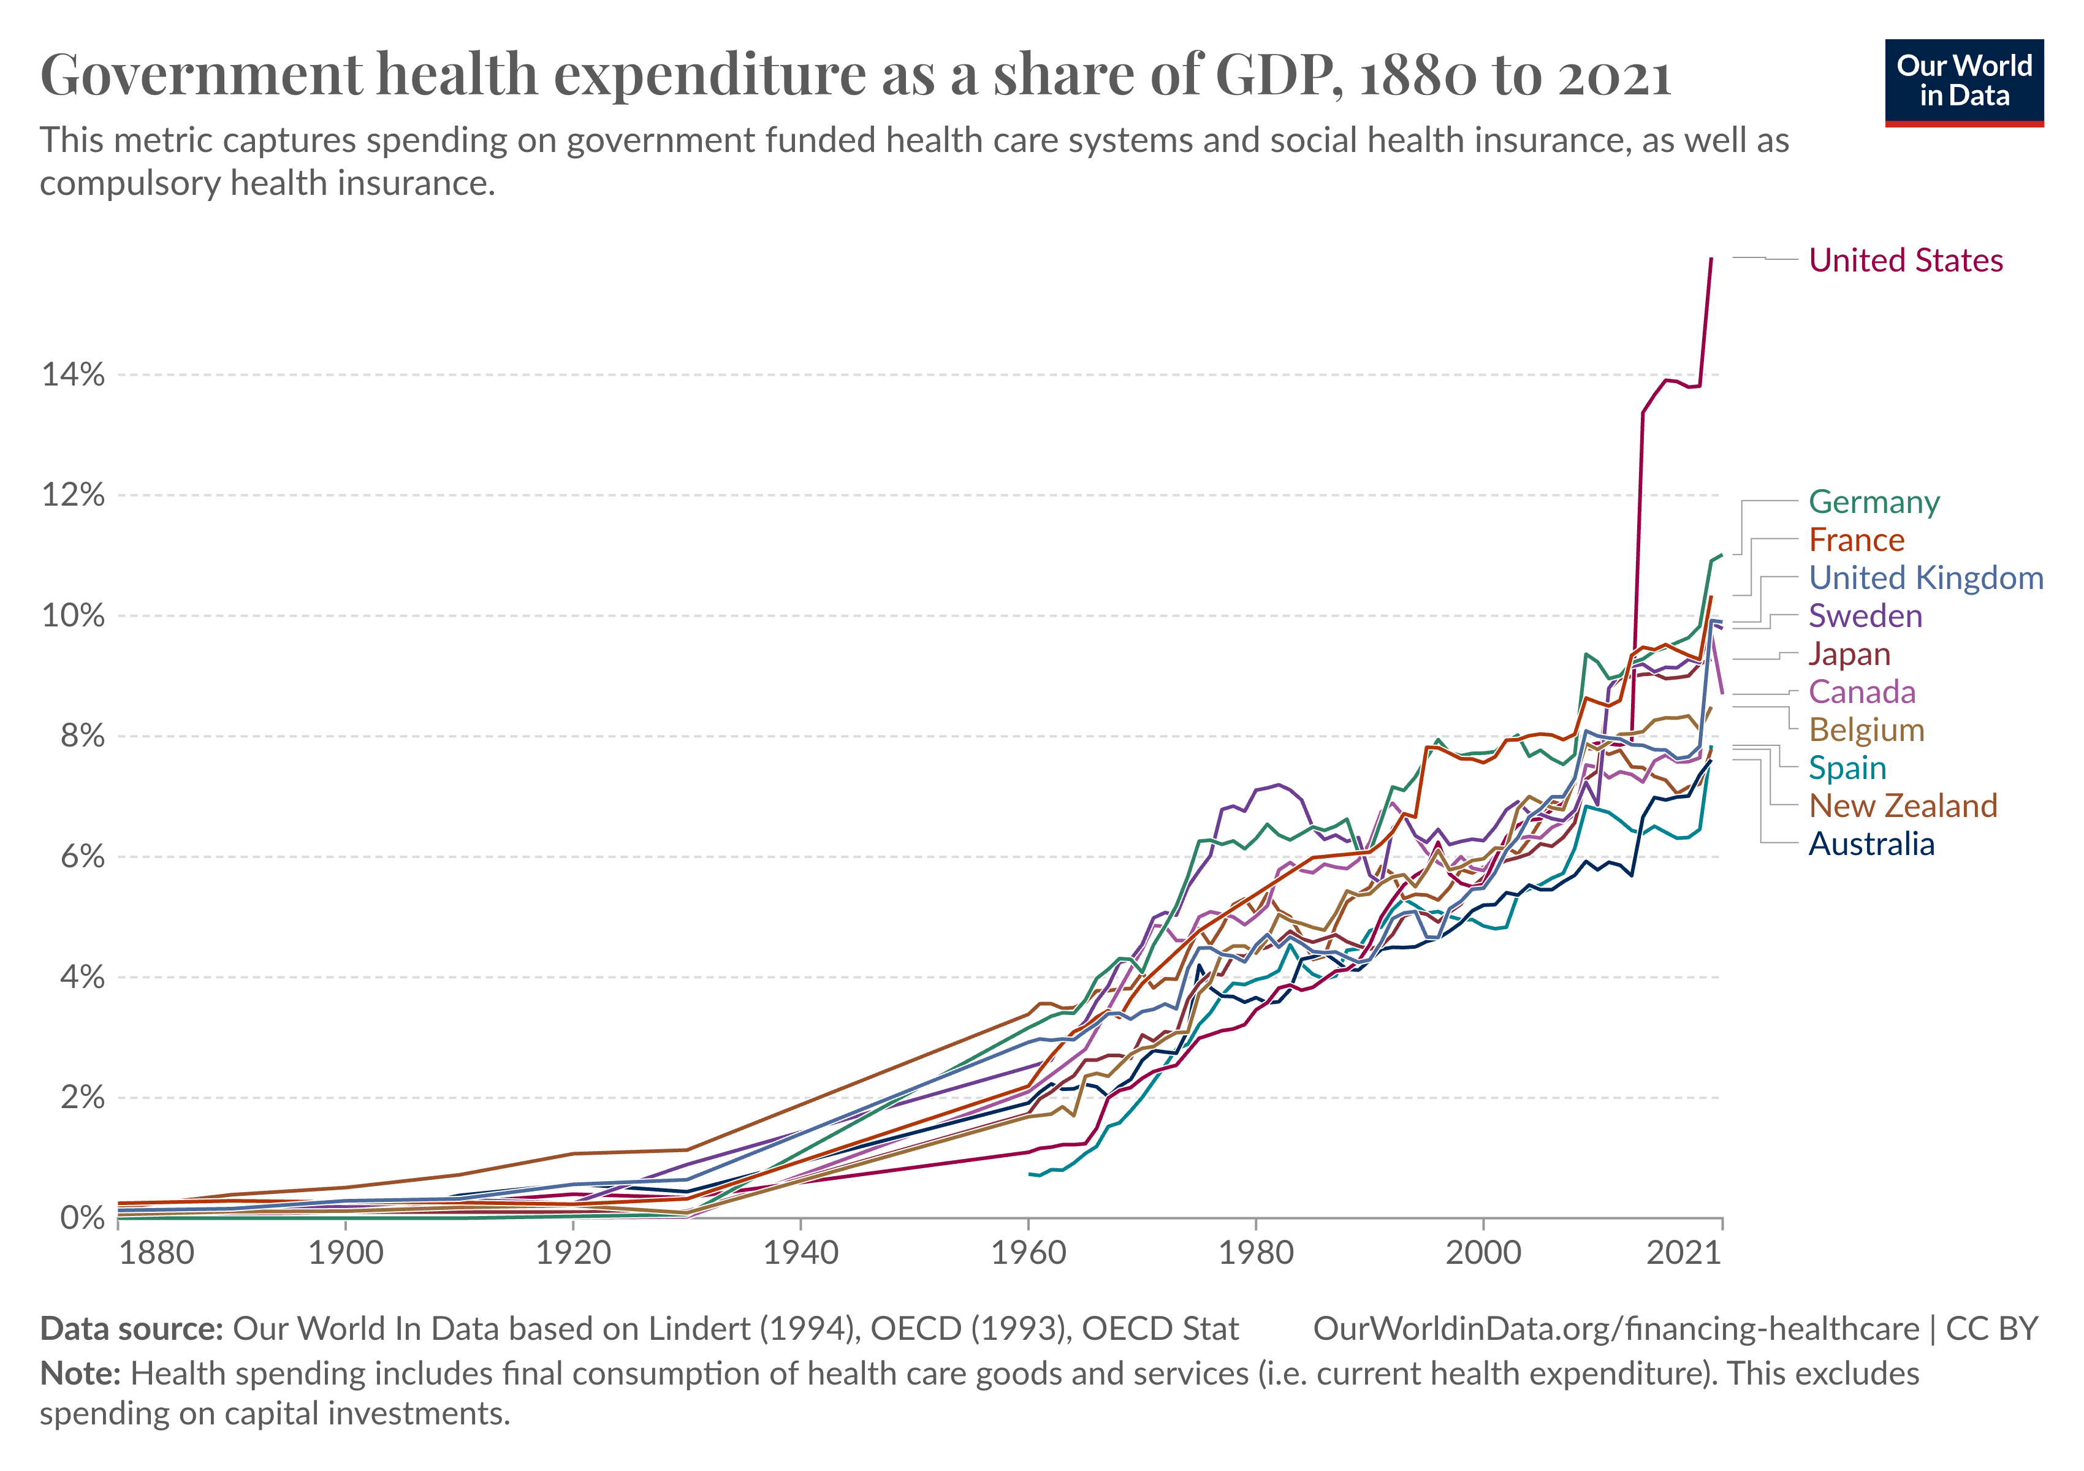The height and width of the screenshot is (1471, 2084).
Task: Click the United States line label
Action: coord(1905,260)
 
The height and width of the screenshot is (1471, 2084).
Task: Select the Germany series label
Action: coord(1873,502)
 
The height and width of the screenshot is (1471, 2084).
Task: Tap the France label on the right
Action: coord(1856,540)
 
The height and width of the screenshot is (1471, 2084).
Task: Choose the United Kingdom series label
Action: coord(1925,578)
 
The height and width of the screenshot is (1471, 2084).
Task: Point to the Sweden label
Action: coord(1865,616)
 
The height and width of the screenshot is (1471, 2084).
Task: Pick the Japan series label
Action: coord(1849,654)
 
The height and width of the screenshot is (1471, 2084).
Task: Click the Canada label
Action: coord(1862,693)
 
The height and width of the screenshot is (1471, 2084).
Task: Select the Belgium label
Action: coord(1866,731)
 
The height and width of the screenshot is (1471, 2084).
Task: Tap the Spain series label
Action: coord(1847,769)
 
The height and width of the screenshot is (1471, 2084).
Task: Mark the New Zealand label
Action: coord(1903,806)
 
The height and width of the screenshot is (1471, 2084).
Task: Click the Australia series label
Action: coord(1871,844)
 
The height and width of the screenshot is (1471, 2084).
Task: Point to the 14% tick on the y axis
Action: coord(72,374)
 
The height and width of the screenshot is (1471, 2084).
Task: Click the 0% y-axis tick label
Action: coord(82,1218)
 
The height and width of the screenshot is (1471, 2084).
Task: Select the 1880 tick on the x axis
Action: coord(156,1253)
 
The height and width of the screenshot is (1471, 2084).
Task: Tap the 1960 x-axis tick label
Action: coord(1029,1253)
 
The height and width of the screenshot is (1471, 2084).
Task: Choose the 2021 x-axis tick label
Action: coord(1684,1253)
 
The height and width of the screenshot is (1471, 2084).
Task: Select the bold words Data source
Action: coord(132,1329)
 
